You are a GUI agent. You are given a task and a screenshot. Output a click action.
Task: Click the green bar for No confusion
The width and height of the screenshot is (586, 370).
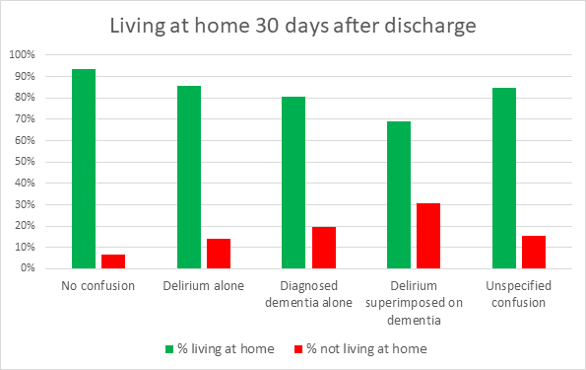point(84,169)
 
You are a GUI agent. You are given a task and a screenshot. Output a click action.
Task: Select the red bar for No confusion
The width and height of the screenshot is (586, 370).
point(113,261)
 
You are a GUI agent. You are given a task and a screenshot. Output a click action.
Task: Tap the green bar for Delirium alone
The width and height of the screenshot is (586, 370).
point(189,177)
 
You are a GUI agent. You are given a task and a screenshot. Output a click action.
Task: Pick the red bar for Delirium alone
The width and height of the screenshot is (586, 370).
point(219,254)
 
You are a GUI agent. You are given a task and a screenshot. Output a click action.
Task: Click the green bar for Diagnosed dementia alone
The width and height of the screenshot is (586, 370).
point(293,183)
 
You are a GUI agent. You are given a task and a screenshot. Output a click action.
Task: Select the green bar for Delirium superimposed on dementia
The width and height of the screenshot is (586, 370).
point(399,194)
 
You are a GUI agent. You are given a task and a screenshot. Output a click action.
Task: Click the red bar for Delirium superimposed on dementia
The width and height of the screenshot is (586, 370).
point(428,236)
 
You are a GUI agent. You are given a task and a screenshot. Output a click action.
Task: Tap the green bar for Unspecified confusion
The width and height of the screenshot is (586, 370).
point(504,178)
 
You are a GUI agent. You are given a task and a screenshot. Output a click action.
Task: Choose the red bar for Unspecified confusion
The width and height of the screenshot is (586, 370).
point(534,252)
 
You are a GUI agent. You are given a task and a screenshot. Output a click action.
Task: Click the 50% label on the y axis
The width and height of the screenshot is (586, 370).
point(25,162)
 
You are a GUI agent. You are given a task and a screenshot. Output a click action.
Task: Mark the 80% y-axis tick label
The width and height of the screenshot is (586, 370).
point(25,98)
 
